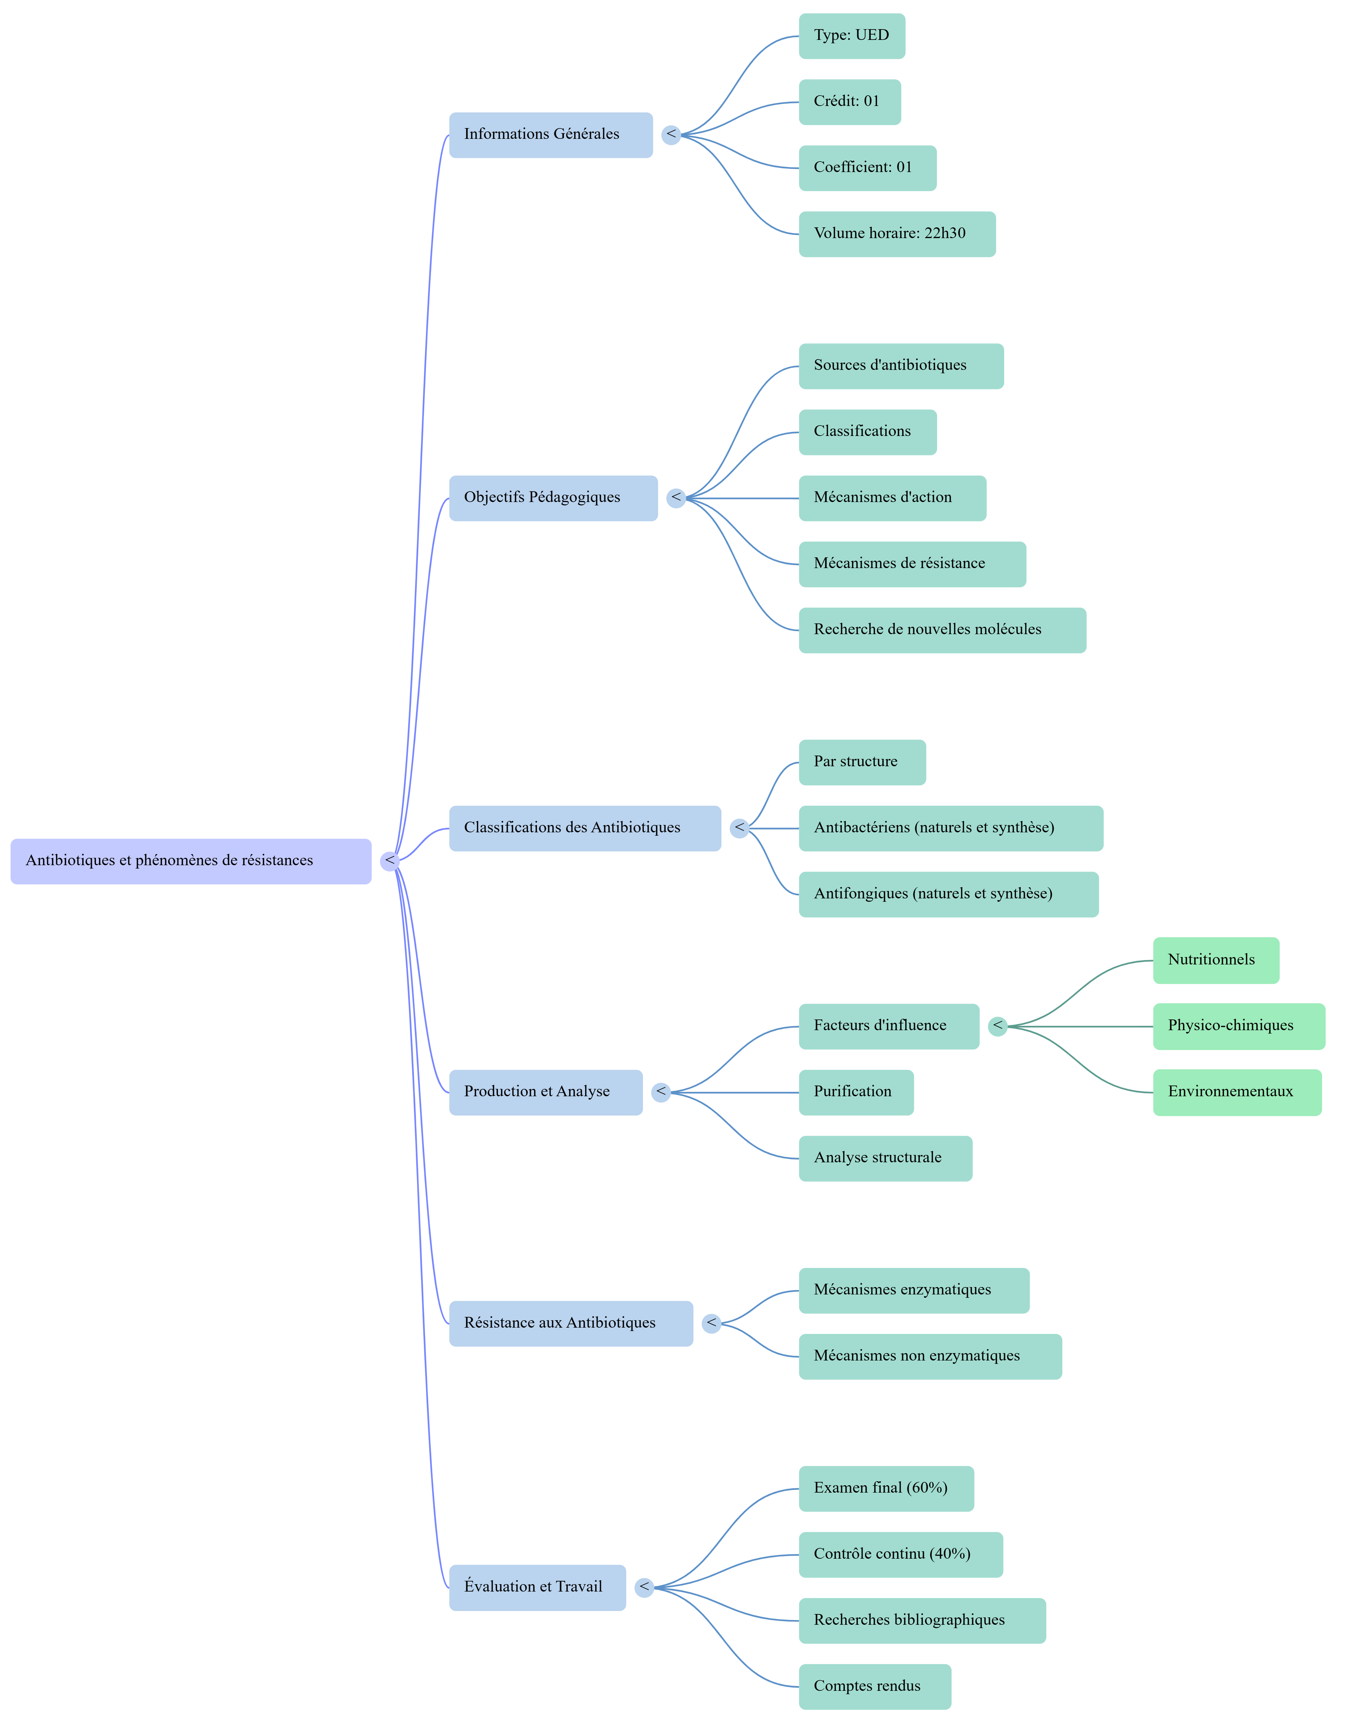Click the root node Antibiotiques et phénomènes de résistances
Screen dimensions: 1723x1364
(191, 861)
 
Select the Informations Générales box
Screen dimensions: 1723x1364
(550, 135)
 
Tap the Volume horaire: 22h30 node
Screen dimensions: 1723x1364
(897, 234)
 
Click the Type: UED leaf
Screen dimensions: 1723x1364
(851, 36)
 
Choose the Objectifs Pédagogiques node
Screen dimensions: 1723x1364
(553, 498)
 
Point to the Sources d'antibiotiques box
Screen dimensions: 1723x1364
(901, 367)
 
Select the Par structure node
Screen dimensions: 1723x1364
(862, 763)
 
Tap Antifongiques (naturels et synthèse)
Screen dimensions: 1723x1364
(948, 894)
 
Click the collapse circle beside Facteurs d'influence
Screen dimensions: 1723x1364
(997, 1026)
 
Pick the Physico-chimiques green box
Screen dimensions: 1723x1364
(1238, 1026)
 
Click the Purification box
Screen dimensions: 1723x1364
(855, 1092)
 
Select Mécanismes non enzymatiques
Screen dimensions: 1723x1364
(930, 1356)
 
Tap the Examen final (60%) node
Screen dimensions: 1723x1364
(886, 1488)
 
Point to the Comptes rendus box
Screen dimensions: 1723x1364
(874, 1686)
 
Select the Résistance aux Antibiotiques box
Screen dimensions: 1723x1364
(570, 1324)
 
